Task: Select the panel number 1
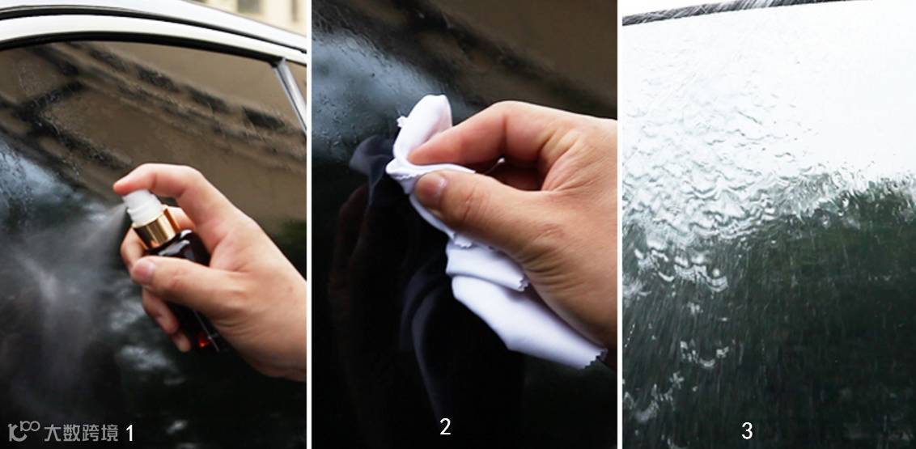[x=129, y=433]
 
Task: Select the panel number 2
[x=444, y=427]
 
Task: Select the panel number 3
[x=747, y=431]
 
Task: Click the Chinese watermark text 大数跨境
[x=81, y=433]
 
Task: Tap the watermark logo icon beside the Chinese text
[x=23, y=431]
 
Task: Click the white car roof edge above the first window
[x=152, y=23]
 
